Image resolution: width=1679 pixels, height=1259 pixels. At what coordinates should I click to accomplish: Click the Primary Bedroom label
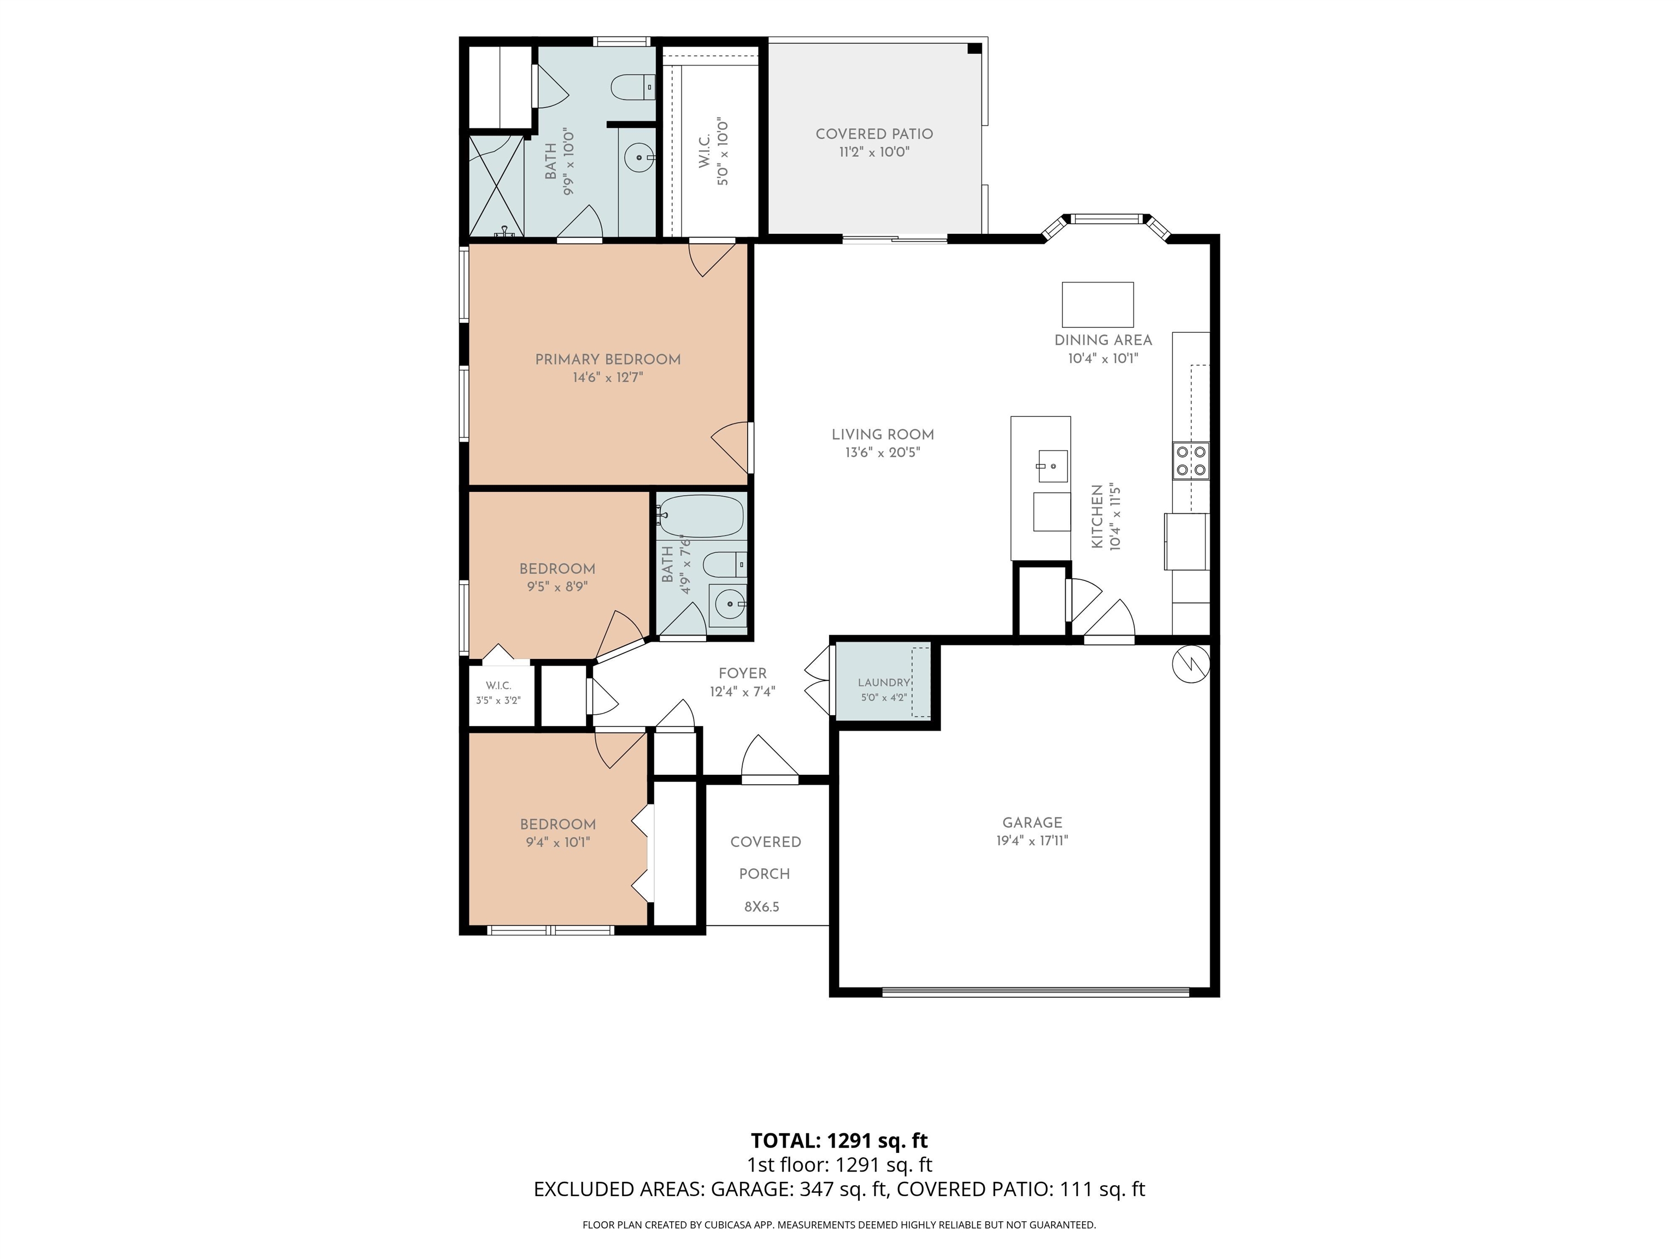[607, 359]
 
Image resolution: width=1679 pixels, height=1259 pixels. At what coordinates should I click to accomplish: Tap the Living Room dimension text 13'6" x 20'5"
[883, 453]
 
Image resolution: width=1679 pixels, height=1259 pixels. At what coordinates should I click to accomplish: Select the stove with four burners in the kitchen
[1191, 461]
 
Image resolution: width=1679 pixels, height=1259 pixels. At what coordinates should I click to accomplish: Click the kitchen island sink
[1052, 467]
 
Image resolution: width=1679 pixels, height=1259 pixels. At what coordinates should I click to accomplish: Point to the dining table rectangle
[1097, 304]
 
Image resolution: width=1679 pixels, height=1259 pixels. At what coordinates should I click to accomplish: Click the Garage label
[1032, 822]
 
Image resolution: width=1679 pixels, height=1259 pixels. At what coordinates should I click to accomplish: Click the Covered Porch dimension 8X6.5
[761, 906]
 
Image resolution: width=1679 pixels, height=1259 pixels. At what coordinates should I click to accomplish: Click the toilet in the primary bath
[632, 87]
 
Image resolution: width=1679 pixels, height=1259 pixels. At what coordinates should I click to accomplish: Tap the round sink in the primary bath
[640, 158]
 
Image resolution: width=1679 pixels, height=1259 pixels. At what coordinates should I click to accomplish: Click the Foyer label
[742, 673]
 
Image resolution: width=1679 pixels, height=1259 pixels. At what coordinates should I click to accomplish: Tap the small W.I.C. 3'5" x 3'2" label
[498, 693]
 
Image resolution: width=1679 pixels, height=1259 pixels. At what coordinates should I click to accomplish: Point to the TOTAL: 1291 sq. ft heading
[839, 1140]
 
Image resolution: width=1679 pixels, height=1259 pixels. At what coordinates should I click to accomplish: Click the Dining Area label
[1103, 340]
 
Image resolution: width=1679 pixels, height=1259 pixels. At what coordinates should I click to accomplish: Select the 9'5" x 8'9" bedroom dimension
[557, 587]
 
